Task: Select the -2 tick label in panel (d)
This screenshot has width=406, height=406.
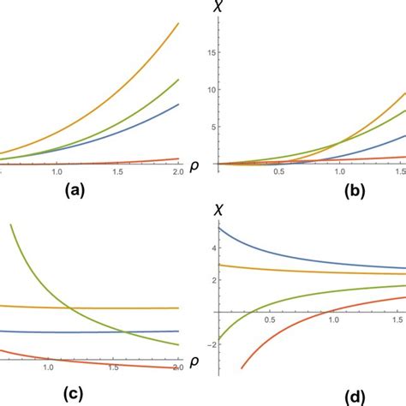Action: pos(205,343)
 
